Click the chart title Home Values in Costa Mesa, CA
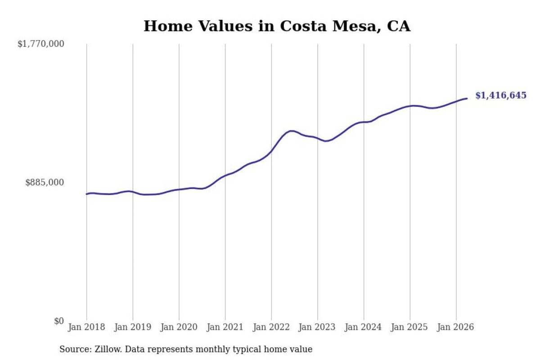pos(277,26)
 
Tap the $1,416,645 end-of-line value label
pos(501,95)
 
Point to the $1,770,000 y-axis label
pos(41,44)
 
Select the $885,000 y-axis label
pos(45,183)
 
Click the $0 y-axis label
pos(59,321)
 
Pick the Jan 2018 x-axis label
pos(86,327)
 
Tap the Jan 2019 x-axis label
pos(133,327)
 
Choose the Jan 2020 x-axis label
pos(179,327)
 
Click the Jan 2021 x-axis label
pos(225,327)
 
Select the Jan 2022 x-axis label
pos(271,327)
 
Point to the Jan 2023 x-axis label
pos(317,327)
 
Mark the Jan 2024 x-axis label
pos(364,327)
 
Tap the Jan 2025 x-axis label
pos(409,327)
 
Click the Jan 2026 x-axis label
pos(455,327)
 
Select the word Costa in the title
pos(303,26)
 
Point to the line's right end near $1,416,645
pos(467,99)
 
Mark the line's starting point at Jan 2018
pos(87,194)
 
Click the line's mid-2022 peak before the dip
pos(292,131)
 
